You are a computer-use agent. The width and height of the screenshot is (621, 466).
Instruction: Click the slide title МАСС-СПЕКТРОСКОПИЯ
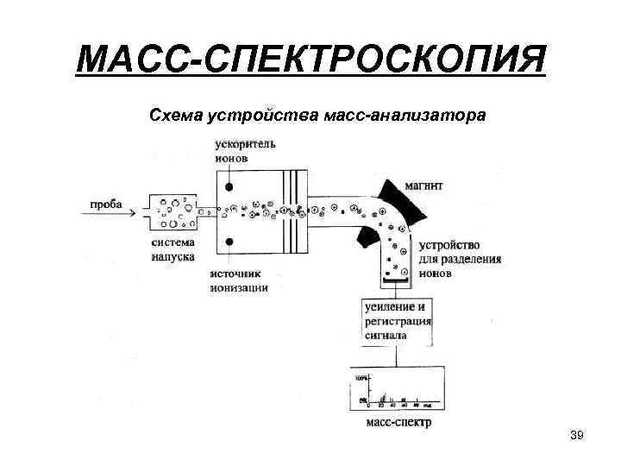310,61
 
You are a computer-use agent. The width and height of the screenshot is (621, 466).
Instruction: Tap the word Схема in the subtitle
178,116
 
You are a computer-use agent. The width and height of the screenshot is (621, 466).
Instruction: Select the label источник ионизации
239,281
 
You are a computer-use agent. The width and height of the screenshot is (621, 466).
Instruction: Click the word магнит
427,185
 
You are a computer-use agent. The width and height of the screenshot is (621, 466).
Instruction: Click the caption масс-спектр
399,423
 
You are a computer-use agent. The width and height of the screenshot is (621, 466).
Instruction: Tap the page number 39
577,435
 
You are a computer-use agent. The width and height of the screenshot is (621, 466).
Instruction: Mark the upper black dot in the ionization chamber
229,186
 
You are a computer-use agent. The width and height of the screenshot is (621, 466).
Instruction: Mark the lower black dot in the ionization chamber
229,241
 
